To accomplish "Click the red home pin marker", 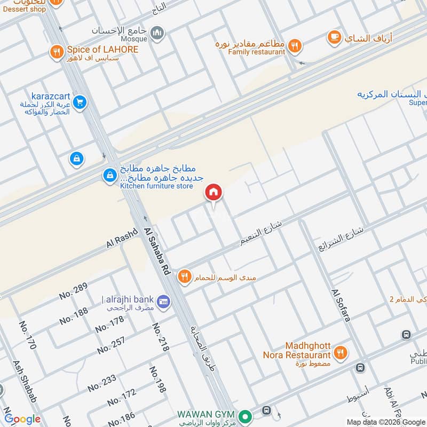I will pos(213,193).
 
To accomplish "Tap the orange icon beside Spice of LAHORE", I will pos(57,51).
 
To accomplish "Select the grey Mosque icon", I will pos(157,34).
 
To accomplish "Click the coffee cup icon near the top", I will pos(335,37).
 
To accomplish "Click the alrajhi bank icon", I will pos(164,302).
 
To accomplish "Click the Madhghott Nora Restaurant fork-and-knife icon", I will pos(339,352).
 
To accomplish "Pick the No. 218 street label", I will pos(160,337).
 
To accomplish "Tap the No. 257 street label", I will pos(111,345).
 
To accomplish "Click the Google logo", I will pos(22,419).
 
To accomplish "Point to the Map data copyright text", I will pos(385,422).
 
